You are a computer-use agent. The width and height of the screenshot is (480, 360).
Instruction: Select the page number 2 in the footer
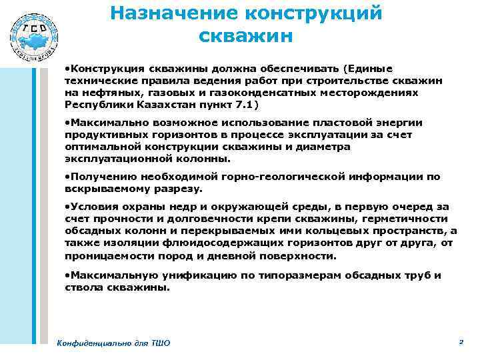click(x=461, y=341)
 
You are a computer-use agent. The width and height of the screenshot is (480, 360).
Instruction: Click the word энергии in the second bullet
click(x=400, y=123)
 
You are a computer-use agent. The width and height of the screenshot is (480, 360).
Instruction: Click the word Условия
click(x=97, y=207)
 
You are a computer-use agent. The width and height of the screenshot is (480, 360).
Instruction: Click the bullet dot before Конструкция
click(x=67, y=69)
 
